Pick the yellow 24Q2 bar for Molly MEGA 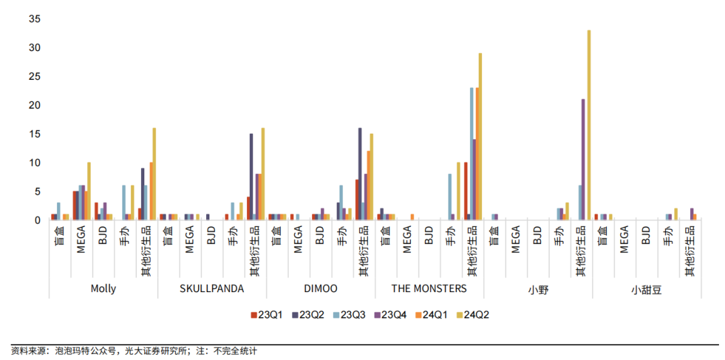(x=89, y=191)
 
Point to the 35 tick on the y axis (x=35, y=19)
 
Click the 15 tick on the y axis (x=35, y=134)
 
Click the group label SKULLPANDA (x=211, y=289)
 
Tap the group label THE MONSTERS (x=429, y=289)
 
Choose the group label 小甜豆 (x=646, y=289)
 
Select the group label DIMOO (x=320, y=289)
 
